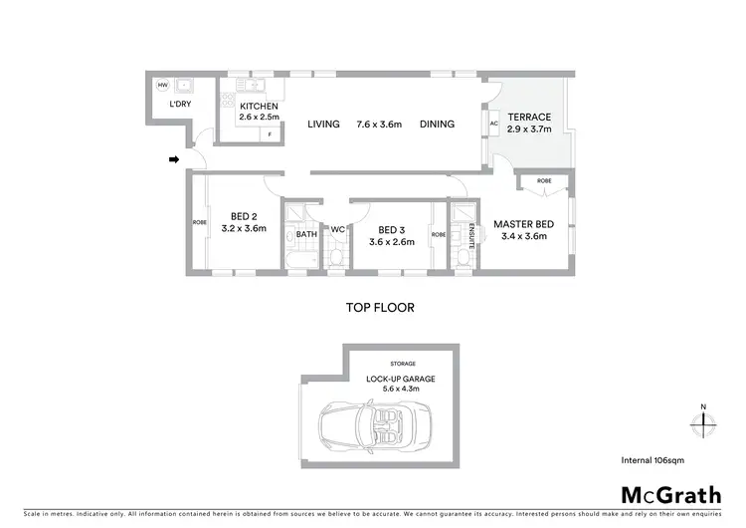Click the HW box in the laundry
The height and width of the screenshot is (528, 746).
[162, 85]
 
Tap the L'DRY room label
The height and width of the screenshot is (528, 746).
[180, 104]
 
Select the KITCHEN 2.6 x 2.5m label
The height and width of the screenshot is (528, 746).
[259, 112]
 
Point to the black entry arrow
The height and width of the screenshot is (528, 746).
[175, 158]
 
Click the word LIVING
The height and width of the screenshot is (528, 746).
[323, 125]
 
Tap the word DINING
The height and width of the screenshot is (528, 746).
[437, 125]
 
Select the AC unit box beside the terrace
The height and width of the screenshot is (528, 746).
[493, 125]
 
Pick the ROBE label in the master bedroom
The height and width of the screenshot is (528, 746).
[544, 180]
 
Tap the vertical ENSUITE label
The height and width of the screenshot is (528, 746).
[472, 235]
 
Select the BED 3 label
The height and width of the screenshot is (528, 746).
[390, 234]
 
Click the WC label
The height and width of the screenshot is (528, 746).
[336, 229]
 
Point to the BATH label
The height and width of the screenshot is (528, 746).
[305, 235]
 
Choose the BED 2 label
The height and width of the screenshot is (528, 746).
[244, 221]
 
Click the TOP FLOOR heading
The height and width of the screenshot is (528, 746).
[380, 308]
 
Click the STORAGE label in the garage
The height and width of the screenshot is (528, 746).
[403, 364]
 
